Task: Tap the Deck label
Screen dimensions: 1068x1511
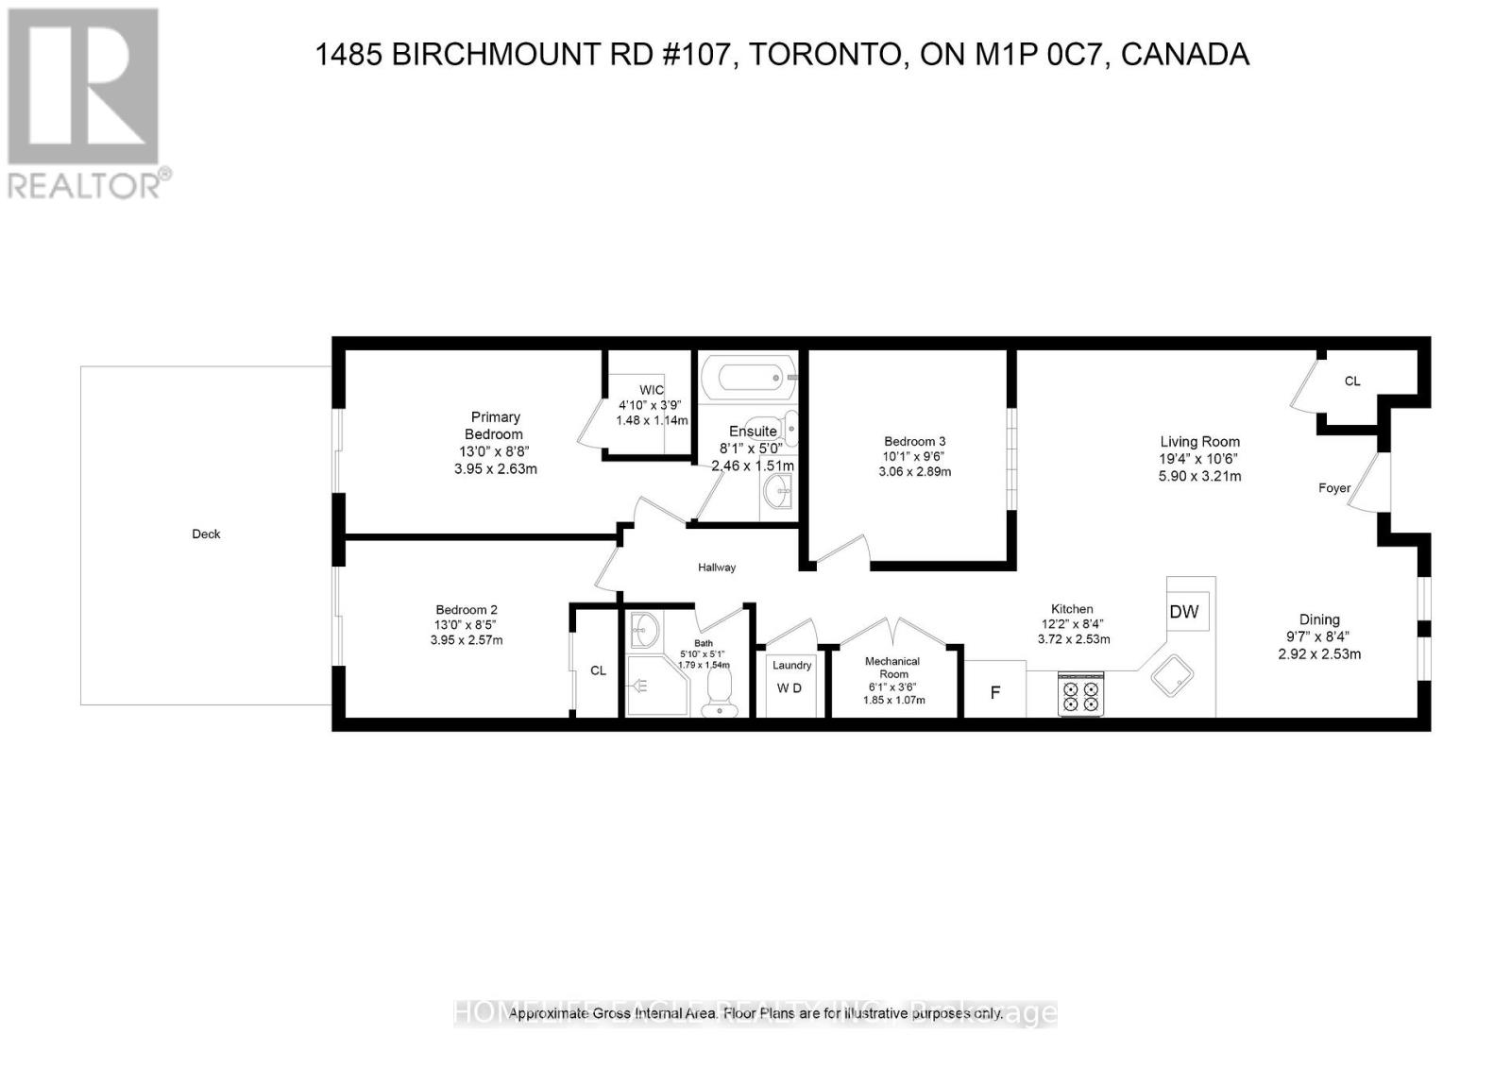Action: point(206,534)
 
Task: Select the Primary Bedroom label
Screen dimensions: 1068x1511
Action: point(496,425)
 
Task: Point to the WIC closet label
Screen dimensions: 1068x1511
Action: point(652,390)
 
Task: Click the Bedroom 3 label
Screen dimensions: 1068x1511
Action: point(914,441)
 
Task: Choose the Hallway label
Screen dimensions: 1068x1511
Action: point(717,568)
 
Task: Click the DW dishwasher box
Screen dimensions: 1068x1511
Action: point(1184,612)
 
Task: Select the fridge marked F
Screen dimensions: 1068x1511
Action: point(994,692)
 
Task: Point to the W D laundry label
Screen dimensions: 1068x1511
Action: point(789,688)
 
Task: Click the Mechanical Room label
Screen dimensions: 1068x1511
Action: point(893,668)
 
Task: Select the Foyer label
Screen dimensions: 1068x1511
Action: point(1334,488)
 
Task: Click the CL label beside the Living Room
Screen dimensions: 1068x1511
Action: point(1352,381)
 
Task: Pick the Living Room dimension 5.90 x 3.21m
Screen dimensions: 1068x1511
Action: point(1199,477)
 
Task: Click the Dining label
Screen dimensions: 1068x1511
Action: point(1319,619)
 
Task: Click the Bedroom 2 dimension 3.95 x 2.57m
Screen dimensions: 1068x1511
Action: point(467,640)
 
